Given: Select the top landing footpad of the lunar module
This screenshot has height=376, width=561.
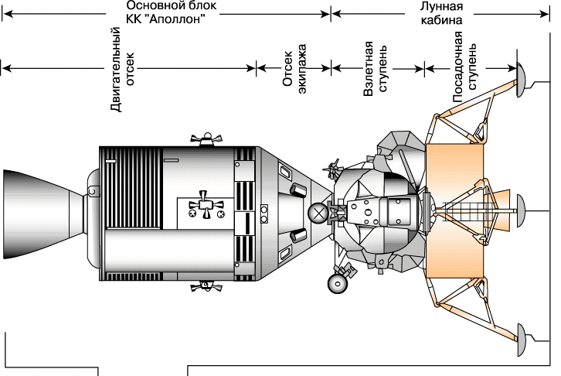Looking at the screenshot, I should [x=522, y=75].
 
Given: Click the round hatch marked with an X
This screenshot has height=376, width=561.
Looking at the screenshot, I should [x=317, y=212].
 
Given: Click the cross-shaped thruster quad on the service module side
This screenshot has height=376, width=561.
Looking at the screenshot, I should [x=205, y=204].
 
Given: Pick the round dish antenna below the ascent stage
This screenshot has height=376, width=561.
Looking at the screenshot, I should [x=337, y=283].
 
